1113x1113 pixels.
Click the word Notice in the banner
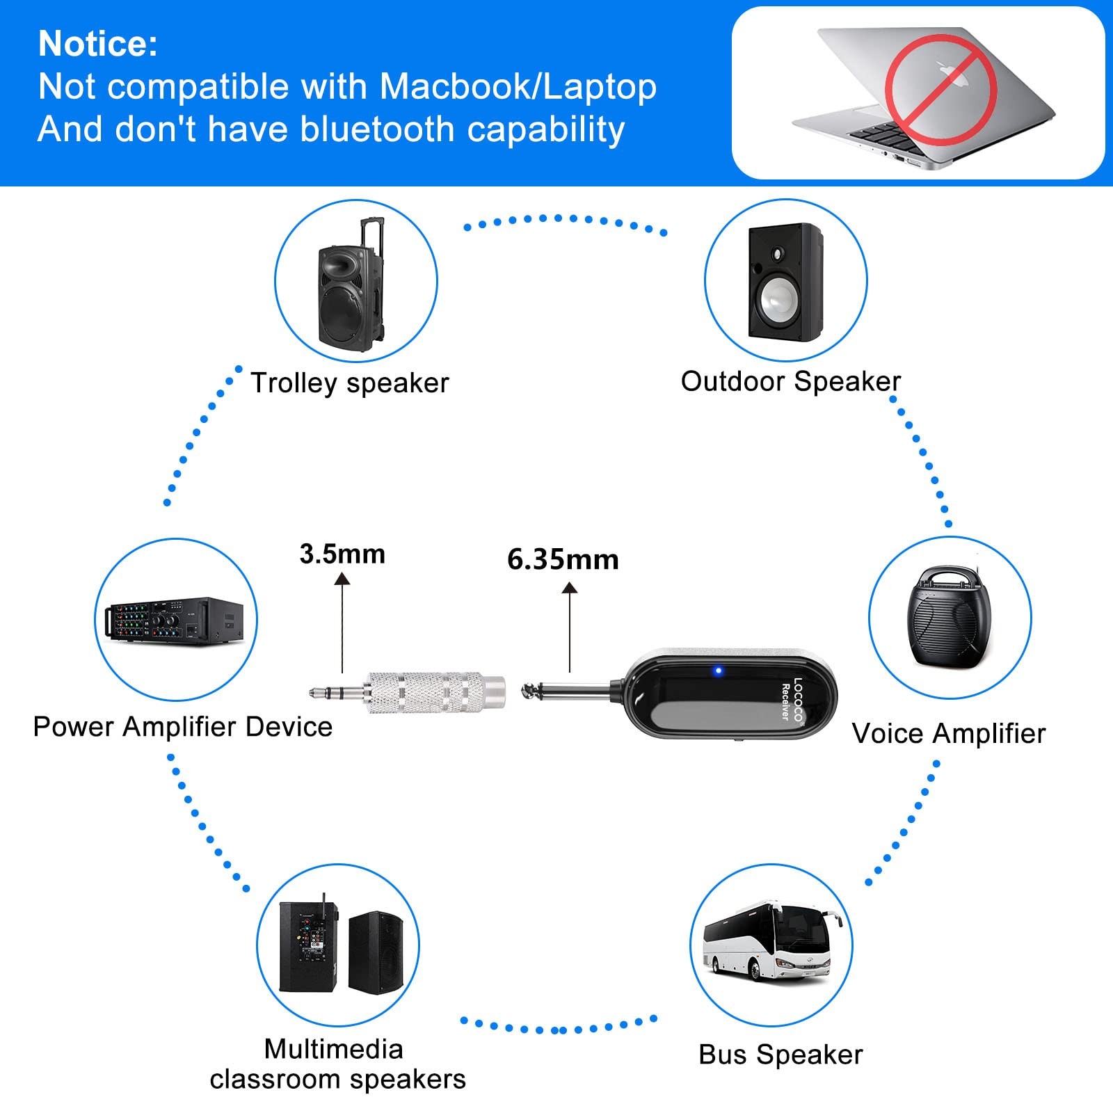(x=97, y=44)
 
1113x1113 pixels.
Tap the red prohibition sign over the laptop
(x=940, y=90)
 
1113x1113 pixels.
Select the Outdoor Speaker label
(x=790, y=381)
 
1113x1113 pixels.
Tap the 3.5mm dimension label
(x=342, y=554)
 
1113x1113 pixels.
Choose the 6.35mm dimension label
(x=563, y=560)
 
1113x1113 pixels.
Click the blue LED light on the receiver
(x=719, y=671)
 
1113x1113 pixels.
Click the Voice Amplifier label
(x=948, y=733)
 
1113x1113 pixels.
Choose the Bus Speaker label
(x=780, y=1055)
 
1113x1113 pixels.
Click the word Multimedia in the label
(x=334, y=1049)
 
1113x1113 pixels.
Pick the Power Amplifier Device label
(x=183, y=727)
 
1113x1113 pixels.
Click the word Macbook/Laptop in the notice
(x=518, y=87)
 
